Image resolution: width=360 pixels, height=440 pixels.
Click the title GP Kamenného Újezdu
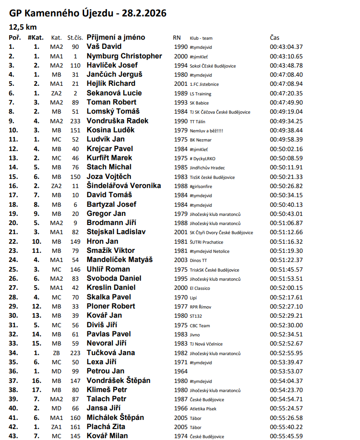coord(87,13)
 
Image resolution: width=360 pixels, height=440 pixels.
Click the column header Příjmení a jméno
coord(116,37)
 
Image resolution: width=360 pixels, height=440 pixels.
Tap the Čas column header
coord(275,37)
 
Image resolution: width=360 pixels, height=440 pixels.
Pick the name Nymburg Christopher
coord(124,56)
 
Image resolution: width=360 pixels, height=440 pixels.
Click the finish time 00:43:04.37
coord(286,47)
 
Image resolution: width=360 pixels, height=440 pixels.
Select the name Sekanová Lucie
coord(114,93)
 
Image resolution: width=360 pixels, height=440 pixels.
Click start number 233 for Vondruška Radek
coord(75,121)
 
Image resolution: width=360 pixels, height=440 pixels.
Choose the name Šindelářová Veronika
coord(124,186)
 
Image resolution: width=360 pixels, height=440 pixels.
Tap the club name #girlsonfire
coord(201,186)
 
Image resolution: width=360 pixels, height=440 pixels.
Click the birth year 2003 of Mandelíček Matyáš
coord(180,260)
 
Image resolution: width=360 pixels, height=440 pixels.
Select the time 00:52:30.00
coord(286,325)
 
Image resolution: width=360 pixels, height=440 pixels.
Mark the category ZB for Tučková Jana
coord(57,353)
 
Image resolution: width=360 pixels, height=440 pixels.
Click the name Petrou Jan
coord(106,371)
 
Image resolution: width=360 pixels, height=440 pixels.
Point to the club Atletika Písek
coord(203,409)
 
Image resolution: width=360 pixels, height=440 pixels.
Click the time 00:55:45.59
coord(286,436)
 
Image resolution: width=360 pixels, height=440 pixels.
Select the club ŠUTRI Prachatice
coord(206,242)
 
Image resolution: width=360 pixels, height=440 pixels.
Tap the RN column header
coord(177,38)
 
